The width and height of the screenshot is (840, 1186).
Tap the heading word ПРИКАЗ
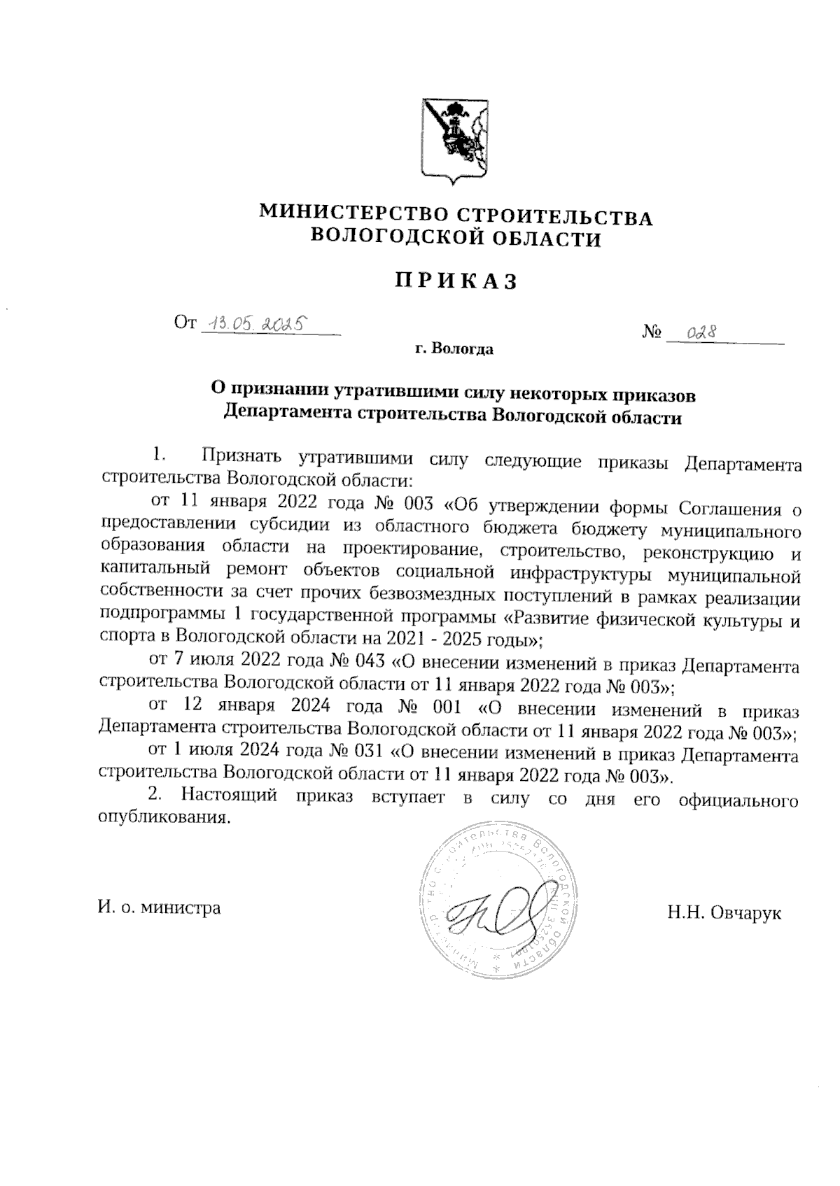[x=456, y=281]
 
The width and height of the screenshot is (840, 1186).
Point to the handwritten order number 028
[x=696, y=332]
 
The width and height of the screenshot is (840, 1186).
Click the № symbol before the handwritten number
[x=652, y=333]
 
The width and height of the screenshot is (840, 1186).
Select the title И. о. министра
[x=159, y=908]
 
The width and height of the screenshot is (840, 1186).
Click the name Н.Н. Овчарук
[x=724, y=913]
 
